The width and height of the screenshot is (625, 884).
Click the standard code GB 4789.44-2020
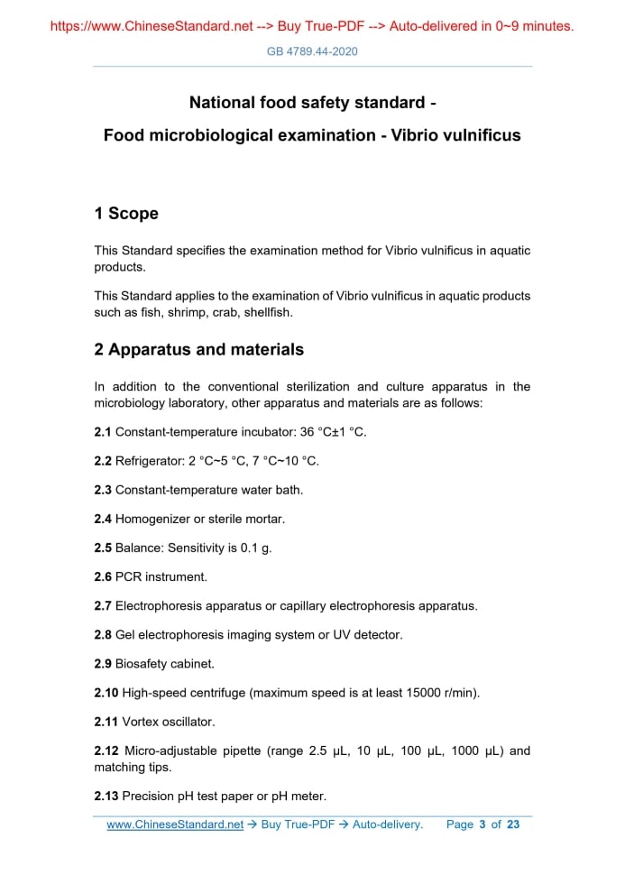click(312, 51)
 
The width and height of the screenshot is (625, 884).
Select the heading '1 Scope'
click(126, 214)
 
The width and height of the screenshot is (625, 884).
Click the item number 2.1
click(103, 432)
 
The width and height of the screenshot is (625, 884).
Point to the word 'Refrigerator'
click(148, 461)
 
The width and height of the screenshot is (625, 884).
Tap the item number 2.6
click(103, 576)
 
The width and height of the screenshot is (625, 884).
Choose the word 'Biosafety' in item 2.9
click(142, 664)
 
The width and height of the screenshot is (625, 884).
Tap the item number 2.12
click(106, 750)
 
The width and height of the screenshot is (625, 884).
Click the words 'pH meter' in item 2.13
click(299, 796)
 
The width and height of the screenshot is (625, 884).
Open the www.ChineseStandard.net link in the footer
click(175, 824)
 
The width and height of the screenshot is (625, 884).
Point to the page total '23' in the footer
click(513, 824)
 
